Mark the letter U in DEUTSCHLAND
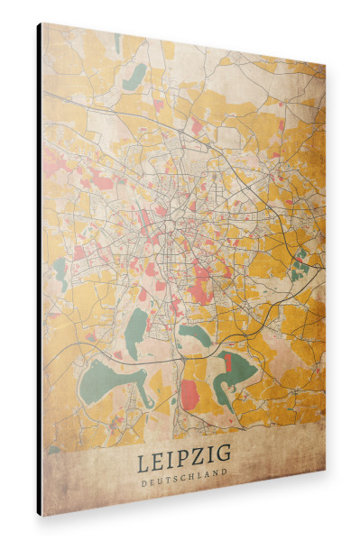159,478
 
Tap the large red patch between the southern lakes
190,393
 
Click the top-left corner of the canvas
42,23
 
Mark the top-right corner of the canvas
326,64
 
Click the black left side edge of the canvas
39,270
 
